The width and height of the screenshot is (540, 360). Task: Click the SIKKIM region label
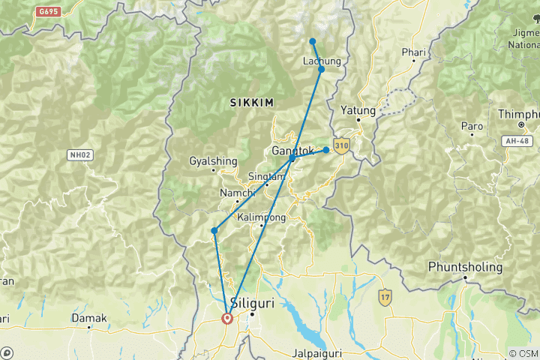point(252,101)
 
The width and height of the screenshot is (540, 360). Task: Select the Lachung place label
point(322,61)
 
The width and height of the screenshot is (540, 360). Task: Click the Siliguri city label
point(252,304)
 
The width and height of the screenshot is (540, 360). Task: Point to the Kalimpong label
point(261,217)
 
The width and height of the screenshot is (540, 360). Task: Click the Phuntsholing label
point(464,267)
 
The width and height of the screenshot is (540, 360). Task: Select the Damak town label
point(89,318)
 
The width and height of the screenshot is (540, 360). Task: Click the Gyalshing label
point(213,161)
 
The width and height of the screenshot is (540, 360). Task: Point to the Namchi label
point(236,193)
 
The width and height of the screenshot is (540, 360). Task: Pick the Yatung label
point(358,110)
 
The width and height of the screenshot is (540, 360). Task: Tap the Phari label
point(413,52)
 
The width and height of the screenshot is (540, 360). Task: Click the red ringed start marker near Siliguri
point(226,318)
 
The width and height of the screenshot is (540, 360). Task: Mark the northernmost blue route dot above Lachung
point(313,41)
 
